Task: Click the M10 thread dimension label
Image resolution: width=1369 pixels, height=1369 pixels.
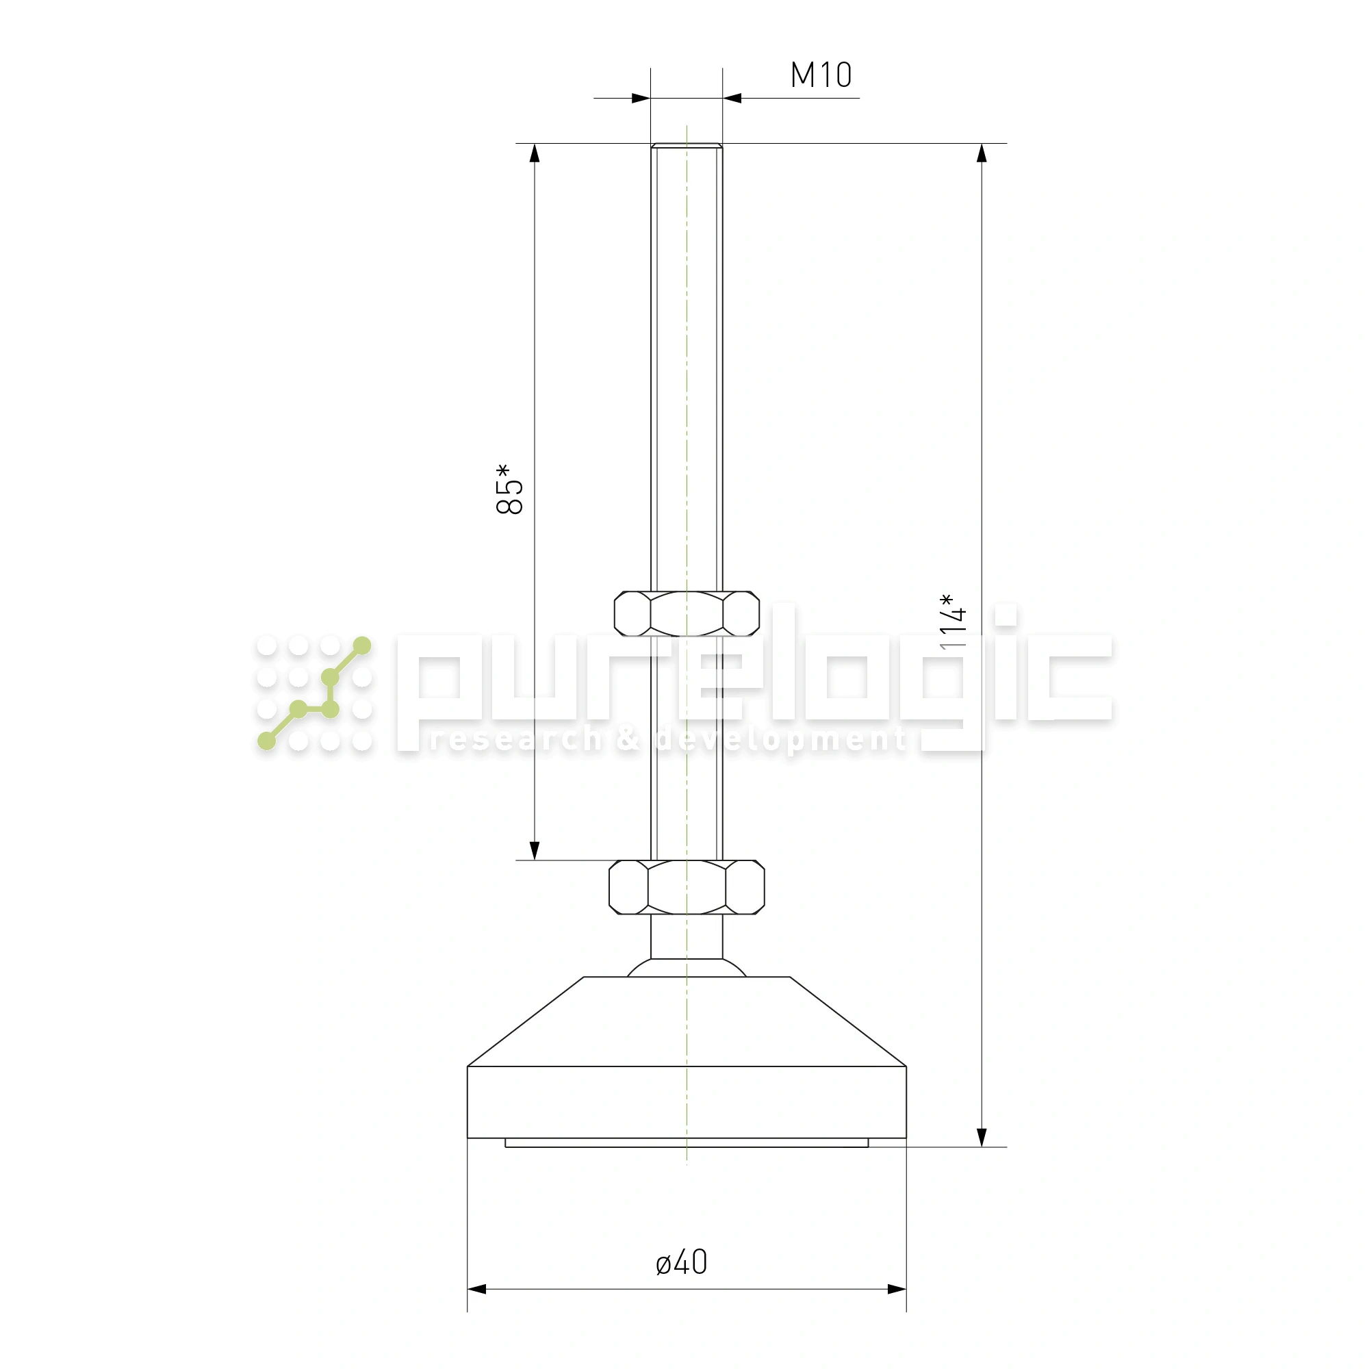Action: pyautogui.click(x=821, y=75)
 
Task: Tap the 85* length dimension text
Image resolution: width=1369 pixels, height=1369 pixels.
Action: pyautogui.click(x=509, y=489)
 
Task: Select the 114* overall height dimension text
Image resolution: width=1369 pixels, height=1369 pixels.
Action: pyautogui.click(x=952, y=622)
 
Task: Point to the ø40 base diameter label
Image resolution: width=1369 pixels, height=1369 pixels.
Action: pyautogui.click(x=681, y=1262)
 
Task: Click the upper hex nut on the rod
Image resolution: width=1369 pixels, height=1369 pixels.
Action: pyautogui.click(x=686, y=613)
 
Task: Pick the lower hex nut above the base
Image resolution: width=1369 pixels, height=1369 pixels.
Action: pyautogui.click(x=686, y=886)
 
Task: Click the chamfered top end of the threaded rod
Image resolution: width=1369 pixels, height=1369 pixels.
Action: pyautogui.click(x=686, y=146)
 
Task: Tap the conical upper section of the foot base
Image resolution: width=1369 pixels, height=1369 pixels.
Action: pyautogui.click(x=686, y=1021)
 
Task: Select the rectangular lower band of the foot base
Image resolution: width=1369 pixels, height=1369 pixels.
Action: pyautogui.click(x=686, y=1102)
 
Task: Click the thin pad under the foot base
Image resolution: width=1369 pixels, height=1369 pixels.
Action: pyautogui.click(x=686, y=1143)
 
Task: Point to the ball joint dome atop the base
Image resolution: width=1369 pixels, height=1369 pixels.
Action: pyautogui.click(x=686, y=968)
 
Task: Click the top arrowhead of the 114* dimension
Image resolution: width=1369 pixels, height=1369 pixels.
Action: pyautogui.click(x=982, y=153)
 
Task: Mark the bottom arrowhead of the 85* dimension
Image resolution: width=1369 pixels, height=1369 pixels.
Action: pyautogui.click(x=535, y=850)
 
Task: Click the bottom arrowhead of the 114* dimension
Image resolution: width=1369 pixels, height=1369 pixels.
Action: pyautogui.click(x=982, y=1137)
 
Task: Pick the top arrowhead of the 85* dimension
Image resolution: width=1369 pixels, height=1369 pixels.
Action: pyautogui.click(x=535, y=153)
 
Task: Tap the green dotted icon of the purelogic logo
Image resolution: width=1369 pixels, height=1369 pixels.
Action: pyautogui.click(x=314, y=693)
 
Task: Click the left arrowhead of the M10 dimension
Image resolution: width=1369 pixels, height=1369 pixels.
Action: pyautogui.click(x=641, y=99)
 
